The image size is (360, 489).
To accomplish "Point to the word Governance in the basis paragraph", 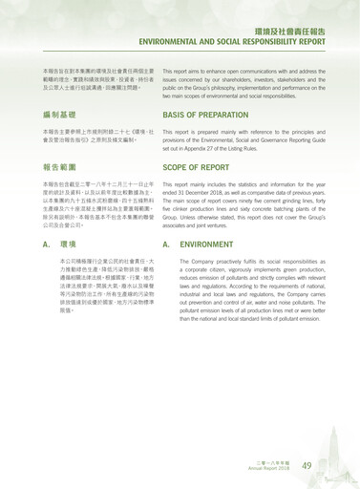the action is coord(285,139).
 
